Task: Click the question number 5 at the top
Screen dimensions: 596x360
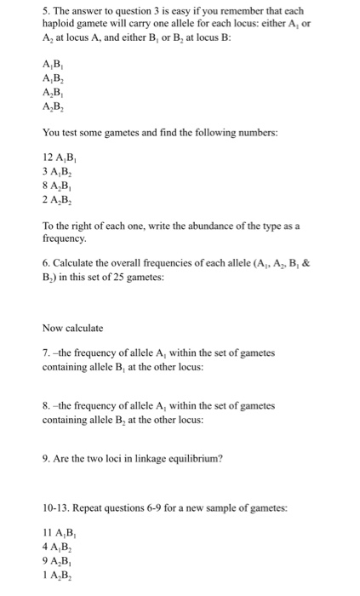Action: [45, 9]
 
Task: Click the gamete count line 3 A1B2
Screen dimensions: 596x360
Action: [56, 171]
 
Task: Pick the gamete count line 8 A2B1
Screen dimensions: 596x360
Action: [56, 185]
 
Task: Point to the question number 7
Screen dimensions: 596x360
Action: [45, 352]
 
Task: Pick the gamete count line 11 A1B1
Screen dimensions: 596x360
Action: [58, 534]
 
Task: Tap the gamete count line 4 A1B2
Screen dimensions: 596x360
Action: [56, 547]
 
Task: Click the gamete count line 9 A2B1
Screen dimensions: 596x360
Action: [56, 561]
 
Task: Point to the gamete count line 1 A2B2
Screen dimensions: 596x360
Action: [56, 575]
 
